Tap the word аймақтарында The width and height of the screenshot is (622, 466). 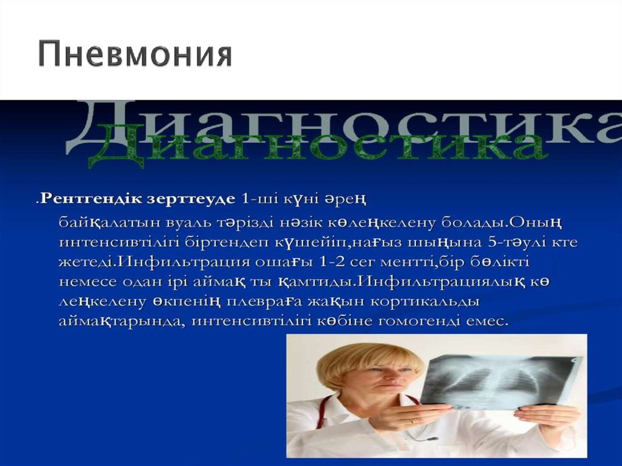[x=121, y=322]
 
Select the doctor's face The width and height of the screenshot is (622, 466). [x=375, y=380]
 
